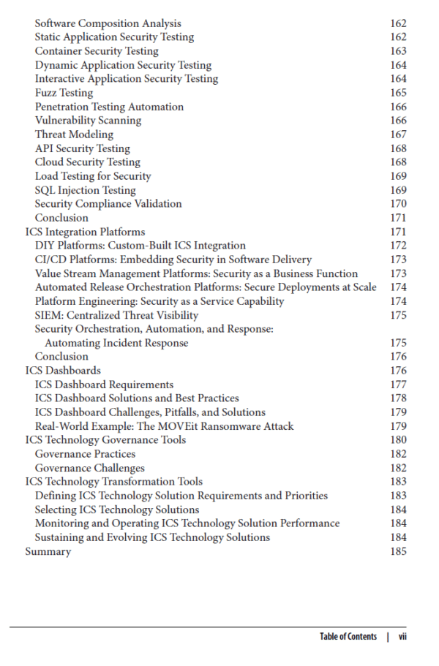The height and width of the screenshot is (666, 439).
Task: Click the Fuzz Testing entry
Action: point(64,93)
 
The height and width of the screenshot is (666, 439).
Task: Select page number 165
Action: point(398,93)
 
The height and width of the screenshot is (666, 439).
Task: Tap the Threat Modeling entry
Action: point(74,135)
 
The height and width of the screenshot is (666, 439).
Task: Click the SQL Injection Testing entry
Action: point(86,190)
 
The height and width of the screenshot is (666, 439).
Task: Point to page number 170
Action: point(398,204)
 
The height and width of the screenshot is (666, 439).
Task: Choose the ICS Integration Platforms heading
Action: point(85,232)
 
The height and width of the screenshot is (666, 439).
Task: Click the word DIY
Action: point(45,246)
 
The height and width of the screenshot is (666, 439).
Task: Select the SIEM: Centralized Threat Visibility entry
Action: point(116,315)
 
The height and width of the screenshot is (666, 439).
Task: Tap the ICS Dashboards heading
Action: point(63,371)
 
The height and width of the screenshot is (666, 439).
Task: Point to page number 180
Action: point(398,440)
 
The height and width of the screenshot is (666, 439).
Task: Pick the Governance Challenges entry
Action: point(89,468)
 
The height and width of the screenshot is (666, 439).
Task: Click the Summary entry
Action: point(48,551)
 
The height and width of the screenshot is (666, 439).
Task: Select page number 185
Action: point(398,551)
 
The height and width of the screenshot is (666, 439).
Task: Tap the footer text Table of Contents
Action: point(348,637)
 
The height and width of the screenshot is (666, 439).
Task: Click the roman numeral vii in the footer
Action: point(402,637)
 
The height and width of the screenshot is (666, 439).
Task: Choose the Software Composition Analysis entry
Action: point(108,23)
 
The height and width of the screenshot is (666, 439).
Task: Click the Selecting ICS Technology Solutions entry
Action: point(117,510)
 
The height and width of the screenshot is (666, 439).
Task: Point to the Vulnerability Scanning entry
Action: point(88,121)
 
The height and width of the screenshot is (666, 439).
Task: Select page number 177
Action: point(398,385)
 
